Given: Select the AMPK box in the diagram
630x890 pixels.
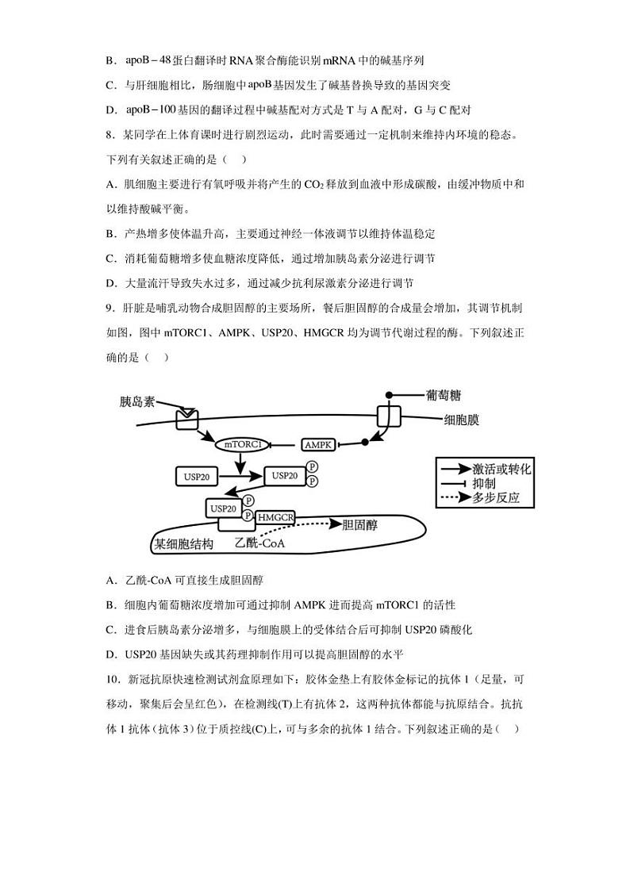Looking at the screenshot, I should pos(319,445).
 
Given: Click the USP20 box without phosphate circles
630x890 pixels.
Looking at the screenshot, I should pos(196,477).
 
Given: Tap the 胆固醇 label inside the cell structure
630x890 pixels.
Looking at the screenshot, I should pos(363,524).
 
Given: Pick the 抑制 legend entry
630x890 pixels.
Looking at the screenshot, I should pos(484,483).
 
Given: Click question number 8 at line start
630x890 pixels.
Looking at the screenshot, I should pos(110,135).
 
